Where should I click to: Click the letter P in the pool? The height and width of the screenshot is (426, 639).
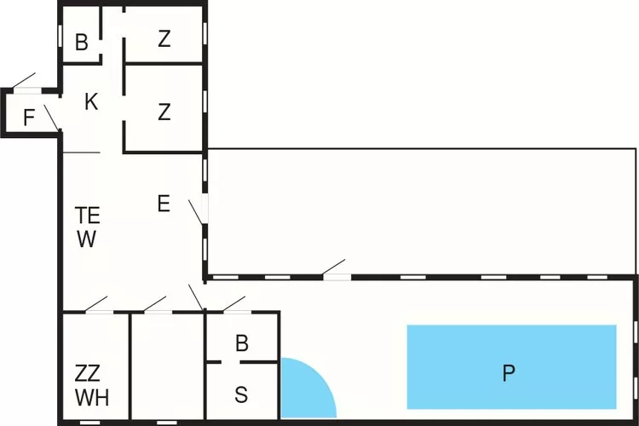[x=509, y=372]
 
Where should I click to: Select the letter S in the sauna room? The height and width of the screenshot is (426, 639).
[x=241, y=394]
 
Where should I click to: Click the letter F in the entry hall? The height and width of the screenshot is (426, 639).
[x=28, y=118]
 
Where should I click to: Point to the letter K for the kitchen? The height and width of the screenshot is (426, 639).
[x=91, y=101]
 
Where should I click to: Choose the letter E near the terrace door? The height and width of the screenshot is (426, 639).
[x=164, y=204]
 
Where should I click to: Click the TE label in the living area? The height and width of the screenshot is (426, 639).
[x=87, y=216]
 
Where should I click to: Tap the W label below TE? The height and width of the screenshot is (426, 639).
[x=86, y=239]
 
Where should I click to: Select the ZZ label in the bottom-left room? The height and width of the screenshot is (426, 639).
[x=87, y=373]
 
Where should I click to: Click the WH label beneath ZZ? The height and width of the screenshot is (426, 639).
[x=92, y=398]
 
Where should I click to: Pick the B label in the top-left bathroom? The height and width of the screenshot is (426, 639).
[x=82, y=42]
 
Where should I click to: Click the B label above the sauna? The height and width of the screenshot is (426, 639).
[x=242, y=343]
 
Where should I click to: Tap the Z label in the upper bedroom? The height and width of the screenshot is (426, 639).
[x=164, y=39]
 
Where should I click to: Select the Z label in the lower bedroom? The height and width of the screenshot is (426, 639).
[x=164, y=112]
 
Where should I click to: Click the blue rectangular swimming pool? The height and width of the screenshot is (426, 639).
[x=511, y=367]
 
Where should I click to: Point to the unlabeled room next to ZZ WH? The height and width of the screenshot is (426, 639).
[x=167, y=366]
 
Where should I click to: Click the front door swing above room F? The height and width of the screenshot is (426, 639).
[x=24, y=81]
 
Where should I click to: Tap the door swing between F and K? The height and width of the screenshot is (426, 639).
[x=52, y=118]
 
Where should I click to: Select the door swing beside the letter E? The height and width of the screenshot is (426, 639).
[x=196, y=212]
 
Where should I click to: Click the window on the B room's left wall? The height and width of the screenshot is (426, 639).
[x=60, y=36]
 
